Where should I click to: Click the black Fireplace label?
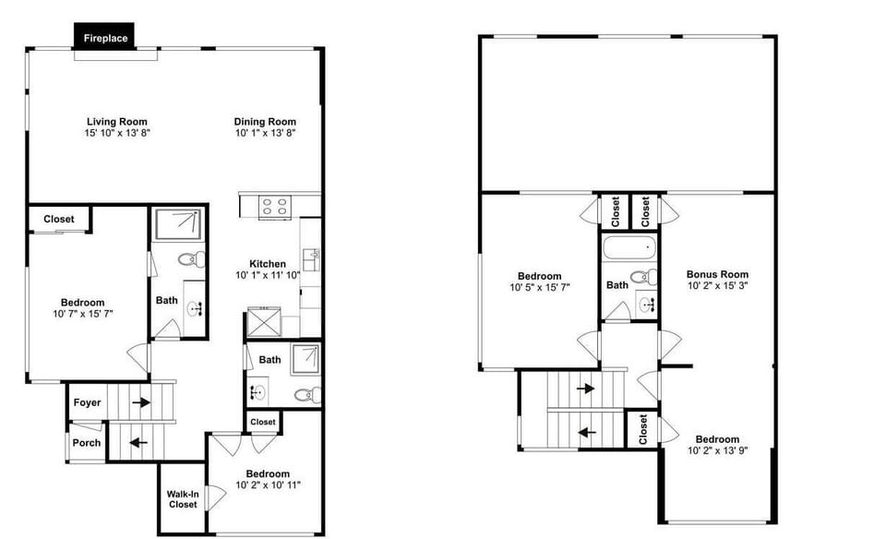click(x=105, y=38)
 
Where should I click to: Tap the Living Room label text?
click(x=117, y=122)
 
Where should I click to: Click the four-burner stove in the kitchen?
click(x=273, y=206)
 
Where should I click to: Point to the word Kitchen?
click(x=268, y=264)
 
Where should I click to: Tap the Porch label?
click(x=87, y=443)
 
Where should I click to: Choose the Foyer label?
click(x=87, y=402)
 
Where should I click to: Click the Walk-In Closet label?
click(x=183, y=498)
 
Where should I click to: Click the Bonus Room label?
click(x=717, y=274)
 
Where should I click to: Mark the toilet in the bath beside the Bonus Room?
click(x=646, y=276)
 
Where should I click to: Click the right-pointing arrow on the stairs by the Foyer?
click(x=140, y=402)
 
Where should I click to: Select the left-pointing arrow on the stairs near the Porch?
click(x=138, y=442)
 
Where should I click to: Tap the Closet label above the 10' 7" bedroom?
click(x=59, y=220)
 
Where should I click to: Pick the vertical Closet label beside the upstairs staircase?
click(x=642, y=428)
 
